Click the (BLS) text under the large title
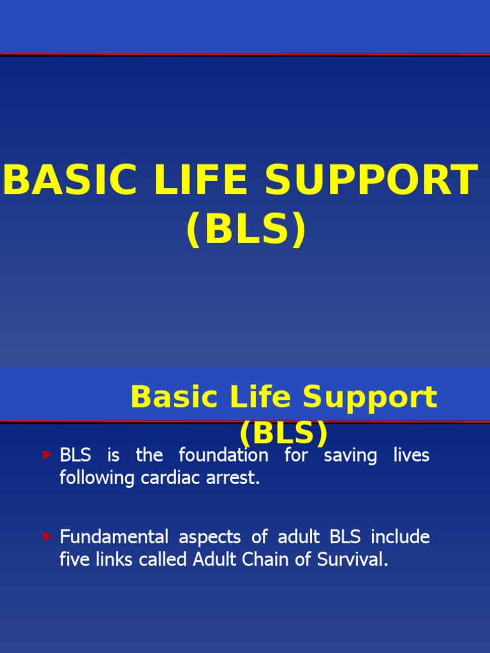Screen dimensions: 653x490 point(246,230)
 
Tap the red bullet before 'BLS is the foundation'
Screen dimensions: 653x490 point(47,455)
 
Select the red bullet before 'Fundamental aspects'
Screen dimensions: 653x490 point(47,537)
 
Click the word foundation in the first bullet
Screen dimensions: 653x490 point(223,455)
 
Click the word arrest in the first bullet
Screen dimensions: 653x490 point(234,478)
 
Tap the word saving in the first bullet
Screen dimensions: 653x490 point(350,455)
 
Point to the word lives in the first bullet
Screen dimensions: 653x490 point(413,455)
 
